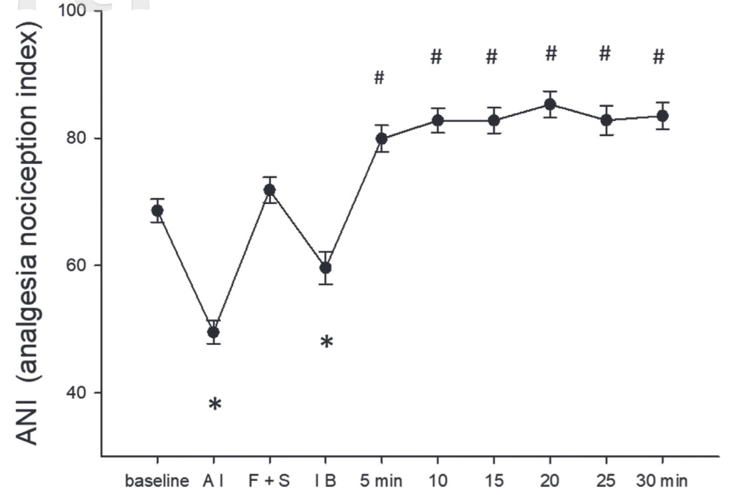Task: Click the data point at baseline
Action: pyautogui.click(x=157, y=211)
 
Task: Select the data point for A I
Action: pyautogui.click(x=213, y=332)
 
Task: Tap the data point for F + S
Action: pyautogui.click(x=270, y=190)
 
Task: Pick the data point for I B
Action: pyautogui.click(x=325, y=268)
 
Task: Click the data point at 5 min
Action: pyautogui.click(x=382, y=138)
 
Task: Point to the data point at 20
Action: pyautogui.click(x=550, y=104)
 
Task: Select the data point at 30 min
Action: pyautogui.click(x=662, y=116)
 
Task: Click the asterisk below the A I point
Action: pyautogui.click(x=215, y=404)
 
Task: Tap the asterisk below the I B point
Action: pyautogui.click(x=327, y=343)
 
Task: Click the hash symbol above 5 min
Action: pyautogui.click(x=379, y=78)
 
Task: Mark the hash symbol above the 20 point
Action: pyautogui.click(x=551, y=54)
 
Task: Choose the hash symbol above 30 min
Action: pyautogui.click(x=658, y=58)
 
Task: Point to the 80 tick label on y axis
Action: pyautogui.click(x=81, y=139)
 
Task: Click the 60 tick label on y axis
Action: pyautogui.click(x=81, y=266)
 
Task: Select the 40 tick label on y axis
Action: pyautogui.click(x=81, y=393)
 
